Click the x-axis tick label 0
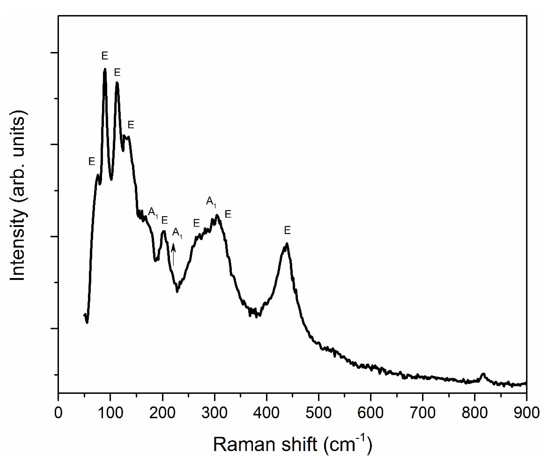(x=58, y=413)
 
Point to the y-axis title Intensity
(x=18, y=196)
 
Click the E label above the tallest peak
(x=105, y=56)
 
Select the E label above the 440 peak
(x=287, y=231)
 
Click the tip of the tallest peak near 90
(x=105, y=69)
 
